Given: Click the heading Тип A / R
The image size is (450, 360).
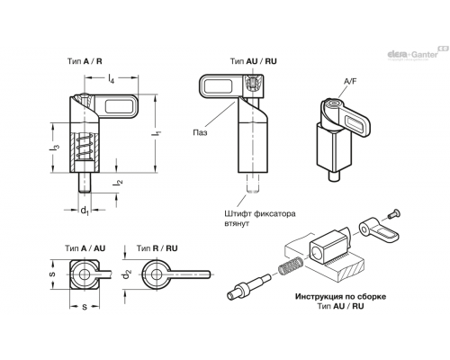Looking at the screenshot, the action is pos(85,61).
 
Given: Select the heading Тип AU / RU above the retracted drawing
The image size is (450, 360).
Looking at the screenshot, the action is pos(254,61).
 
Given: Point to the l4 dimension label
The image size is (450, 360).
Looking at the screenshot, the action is pos(112,79).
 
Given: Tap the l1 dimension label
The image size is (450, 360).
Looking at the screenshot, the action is pos(157,134).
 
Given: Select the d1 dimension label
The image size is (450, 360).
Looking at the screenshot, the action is pos(85,211).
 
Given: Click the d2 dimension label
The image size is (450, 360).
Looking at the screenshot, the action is pos(128,274).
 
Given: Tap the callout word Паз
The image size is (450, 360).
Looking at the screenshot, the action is pos(200,132).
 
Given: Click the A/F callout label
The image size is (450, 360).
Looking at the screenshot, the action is pos(350,82).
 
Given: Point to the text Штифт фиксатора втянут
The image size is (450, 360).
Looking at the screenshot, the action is pos(260,219).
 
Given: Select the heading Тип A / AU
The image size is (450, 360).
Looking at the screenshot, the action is pos(85,248).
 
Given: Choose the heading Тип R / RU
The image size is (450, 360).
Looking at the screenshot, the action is pos(157,248).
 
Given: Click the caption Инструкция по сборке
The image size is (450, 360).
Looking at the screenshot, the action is pos(340,297).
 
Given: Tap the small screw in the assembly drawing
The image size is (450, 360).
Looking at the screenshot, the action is pos(394,213).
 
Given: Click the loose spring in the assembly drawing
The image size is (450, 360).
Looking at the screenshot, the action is pos(292,265).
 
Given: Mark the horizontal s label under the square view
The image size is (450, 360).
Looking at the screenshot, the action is pos(85,307).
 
